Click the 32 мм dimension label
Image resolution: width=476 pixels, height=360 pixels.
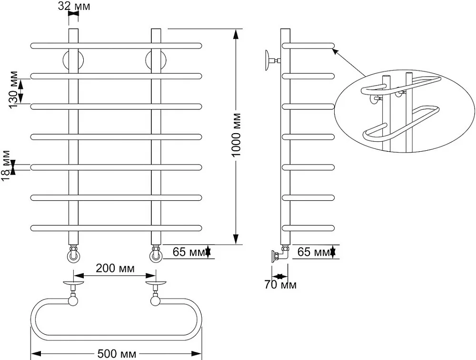coord(74,6)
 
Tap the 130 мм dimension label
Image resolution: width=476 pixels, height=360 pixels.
coord(13,90)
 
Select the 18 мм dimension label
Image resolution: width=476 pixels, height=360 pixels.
coord(5,166)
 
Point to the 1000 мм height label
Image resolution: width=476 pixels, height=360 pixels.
coord(236,135)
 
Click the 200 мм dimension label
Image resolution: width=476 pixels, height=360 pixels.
coord(115,268)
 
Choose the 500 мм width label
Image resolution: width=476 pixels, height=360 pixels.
coord(117,354)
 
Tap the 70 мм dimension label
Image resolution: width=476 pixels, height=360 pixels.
coord(280,285)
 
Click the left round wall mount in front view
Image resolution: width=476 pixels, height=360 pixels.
coord(73,60)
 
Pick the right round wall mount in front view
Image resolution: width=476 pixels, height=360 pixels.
coord(156,60)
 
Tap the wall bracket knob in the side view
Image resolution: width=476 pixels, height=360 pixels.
coord(268,60)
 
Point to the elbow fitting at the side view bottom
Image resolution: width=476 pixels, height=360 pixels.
coord(280,253)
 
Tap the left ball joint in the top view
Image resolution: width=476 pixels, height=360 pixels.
coord(73,301)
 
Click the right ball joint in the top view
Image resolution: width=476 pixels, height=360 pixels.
coord(156,301)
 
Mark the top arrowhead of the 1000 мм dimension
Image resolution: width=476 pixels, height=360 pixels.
coord(236,33)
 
